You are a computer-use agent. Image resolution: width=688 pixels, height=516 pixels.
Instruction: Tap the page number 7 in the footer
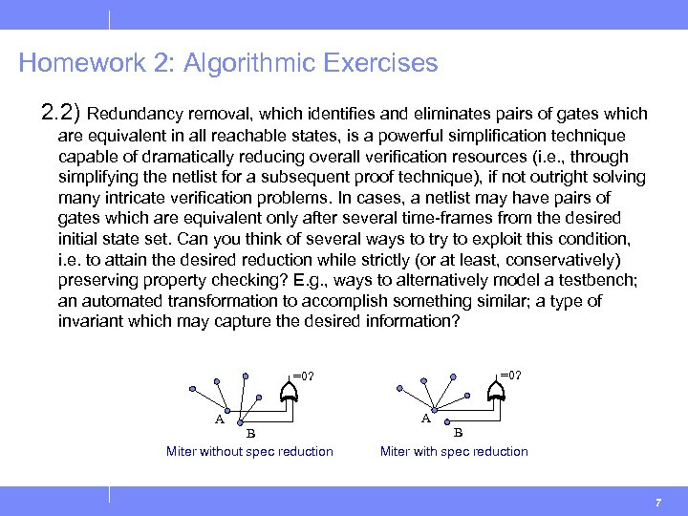(658, 503)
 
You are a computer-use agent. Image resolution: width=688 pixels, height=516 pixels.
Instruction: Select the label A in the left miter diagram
(220, 419)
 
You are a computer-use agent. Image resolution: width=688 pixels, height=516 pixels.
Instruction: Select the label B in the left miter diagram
(250, 431)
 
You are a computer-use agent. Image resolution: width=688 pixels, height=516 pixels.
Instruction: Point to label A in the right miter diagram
(426, 418)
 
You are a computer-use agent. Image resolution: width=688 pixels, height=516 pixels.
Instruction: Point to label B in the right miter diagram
(458, 431)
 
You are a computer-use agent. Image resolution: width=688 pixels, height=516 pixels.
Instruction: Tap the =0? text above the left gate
(303, 376)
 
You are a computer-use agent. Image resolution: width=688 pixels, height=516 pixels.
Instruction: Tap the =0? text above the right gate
(510, 375)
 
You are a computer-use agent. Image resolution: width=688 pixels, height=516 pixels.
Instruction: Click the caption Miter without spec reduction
(249, 451)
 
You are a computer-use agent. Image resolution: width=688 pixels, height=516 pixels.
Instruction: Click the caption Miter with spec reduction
(454, 451)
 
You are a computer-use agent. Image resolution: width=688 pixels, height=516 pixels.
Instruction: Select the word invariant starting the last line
(89, 321)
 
